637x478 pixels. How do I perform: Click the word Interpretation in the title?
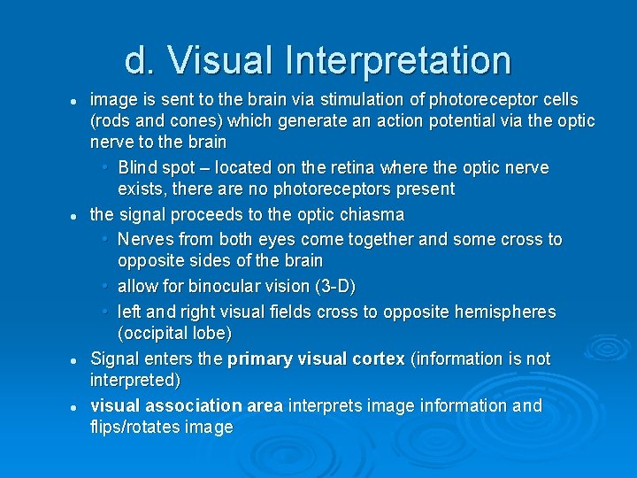[x=397, y=61]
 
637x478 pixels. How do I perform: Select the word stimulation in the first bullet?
[x=342, y=99]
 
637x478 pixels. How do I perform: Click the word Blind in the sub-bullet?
[x=137, y=167]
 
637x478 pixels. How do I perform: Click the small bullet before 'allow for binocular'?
[x=105, y=287]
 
